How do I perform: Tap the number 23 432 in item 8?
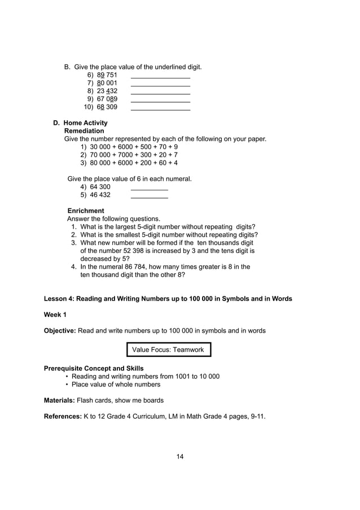click(x=107, y=91)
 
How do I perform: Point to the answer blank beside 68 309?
click(x=160, y=108)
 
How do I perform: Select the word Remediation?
click(x=84, y=131)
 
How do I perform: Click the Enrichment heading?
click(x=85, y=211)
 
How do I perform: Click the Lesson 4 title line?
click(x=168, y=299)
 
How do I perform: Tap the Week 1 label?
click(x=55, y=315)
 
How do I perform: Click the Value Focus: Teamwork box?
click(x=169, y=350)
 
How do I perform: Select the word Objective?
click(x=60, y=330)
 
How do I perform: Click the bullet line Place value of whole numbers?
click(x=116, y=385)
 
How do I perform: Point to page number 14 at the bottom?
click(x=180, y=456)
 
